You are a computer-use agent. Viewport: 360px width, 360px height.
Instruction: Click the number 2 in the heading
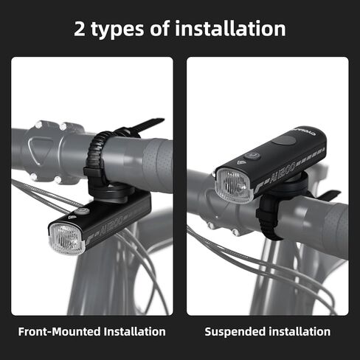[82, 29]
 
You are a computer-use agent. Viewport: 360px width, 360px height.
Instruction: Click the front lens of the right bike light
[234, 185]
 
